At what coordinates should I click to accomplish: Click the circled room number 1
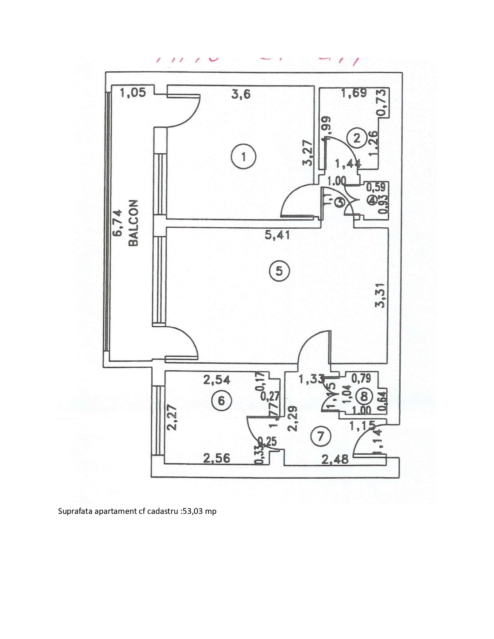tap(243, 157)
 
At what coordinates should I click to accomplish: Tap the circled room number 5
tap(279, 271)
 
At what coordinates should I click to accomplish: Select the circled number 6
tap(221, 400)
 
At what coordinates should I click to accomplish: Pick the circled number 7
tap(320, 436)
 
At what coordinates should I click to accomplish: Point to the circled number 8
tap(364, 396)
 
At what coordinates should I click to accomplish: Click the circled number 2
tap(357, 138)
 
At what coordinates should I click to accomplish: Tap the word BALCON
tap(133, 223)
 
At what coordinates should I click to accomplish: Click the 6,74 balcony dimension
tap(117, 223)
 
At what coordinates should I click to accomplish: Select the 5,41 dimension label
tap(277, 235)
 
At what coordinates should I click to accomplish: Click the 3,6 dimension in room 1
tap(241, 94)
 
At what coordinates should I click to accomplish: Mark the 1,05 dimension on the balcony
tap(133, 93)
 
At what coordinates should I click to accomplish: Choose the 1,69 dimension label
tap(353, 93)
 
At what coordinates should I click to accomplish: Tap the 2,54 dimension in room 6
tap(217, 380)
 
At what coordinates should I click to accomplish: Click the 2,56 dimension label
tap(217, 459)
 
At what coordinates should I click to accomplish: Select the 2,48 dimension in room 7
tap(335, 459)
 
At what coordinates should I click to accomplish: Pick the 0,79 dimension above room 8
tap(361, 378)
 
